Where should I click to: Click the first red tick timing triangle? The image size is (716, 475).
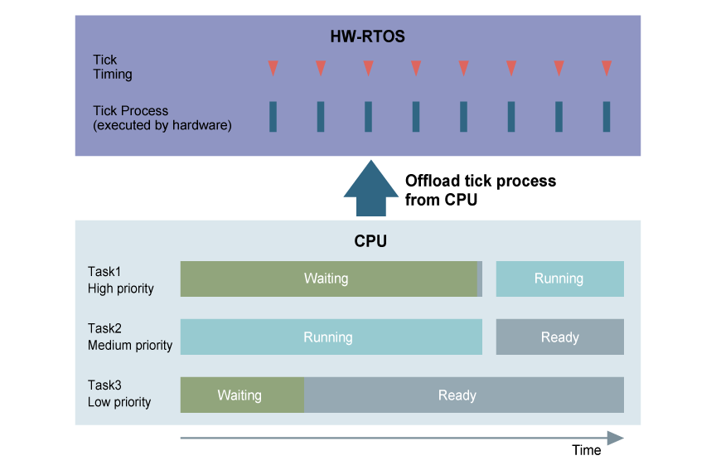point(273,68)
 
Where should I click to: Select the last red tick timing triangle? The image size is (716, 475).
point(607,68)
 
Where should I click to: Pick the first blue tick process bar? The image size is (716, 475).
point(273,117)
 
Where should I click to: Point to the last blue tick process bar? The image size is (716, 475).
point(607,117)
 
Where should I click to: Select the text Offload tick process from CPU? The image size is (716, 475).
point(480,190)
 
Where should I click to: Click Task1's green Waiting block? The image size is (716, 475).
point(328,279)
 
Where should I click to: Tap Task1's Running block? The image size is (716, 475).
point(559,279)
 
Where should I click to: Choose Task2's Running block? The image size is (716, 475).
point(331,337)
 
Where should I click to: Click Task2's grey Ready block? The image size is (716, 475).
point(559,337)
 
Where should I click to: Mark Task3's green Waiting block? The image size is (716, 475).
point(242,395)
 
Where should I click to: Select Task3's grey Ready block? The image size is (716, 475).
point(463,395)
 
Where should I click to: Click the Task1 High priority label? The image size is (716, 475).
point(121,279)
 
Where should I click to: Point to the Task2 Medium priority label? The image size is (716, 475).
point(130,337)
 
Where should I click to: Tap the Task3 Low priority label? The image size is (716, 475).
point(119,394)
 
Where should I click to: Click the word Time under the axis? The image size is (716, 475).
point(586,450)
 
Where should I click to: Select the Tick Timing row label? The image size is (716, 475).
point(112,67)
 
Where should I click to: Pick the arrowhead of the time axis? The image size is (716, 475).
point(615,438)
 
